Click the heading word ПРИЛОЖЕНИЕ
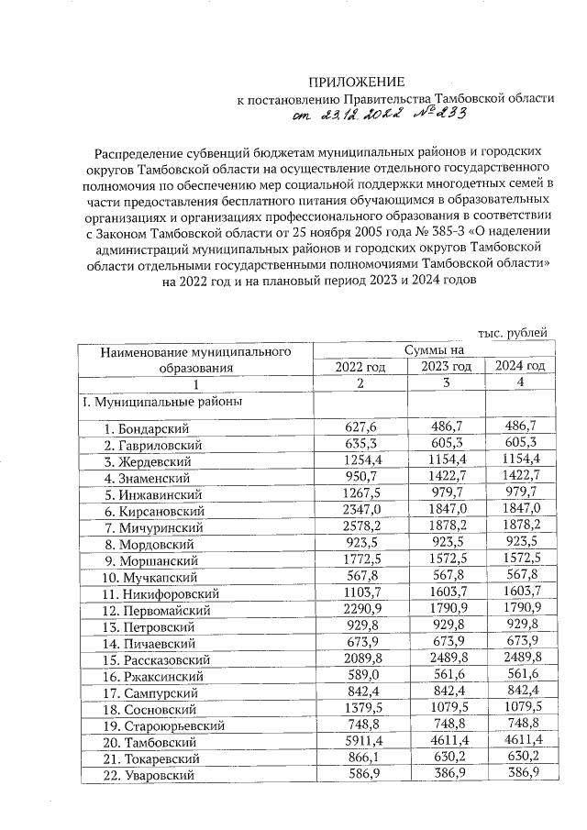355,82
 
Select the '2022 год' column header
360,366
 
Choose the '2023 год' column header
446,366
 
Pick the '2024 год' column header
520,366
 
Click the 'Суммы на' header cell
434,349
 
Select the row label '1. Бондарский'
146,427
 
